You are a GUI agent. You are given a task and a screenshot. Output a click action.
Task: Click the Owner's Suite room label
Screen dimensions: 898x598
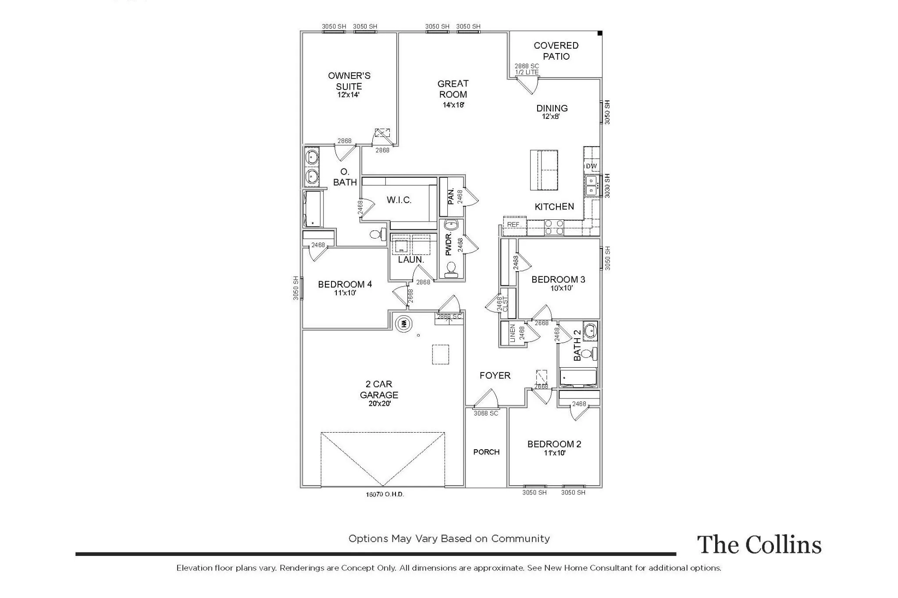tap(349, 81)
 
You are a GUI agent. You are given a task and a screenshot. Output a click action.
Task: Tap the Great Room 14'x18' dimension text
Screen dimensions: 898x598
tap(453, 105)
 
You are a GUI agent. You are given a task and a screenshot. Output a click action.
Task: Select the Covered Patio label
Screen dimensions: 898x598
tap(556, 51)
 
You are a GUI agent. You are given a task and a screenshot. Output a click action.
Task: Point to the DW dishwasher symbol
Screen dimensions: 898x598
tap(592, 166)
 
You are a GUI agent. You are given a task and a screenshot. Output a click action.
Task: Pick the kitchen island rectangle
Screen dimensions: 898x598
tap(544, 170)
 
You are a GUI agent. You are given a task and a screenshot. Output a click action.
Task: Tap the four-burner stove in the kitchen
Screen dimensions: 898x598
tap(554, 227)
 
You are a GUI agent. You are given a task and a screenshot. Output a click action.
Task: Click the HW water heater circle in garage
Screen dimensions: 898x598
tap(404, 324)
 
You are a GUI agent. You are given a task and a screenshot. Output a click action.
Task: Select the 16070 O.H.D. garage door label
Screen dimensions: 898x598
tap(385, 494)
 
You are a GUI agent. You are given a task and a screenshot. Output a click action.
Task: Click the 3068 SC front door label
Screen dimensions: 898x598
tap(486, 413)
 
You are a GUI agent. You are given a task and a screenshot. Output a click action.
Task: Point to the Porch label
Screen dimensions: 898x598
tap(486, 452)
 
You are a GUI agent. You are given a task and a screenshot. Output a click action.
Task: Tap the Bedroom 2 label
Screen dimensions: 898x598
tap(554, 444)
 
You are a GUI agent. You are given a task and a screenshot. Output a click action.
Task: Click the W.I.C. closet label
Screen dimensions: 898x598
tap(399, 200)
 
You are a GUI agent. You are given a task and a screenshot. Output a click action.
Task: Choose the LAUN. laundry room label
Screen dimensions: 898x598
tap(411, 259)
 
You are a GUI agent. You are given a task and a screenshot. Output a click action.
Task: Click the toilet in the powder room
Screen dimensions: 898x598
tap(451, 269)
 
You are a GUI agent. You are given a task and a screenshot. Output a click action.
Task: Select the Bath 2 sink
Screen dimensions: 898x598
tap(590, 330)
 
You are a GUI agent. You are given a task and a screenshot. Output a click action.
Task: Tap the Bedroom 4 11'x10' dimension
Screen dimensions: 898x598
tap(345, 293)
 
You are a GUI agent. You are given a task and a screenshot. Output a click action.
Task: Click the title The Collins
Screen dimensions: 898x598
tap(759, 545)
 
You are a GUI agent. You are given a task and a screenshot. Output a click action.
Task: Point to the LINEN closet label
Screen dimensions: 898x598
tap(513, 333)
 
